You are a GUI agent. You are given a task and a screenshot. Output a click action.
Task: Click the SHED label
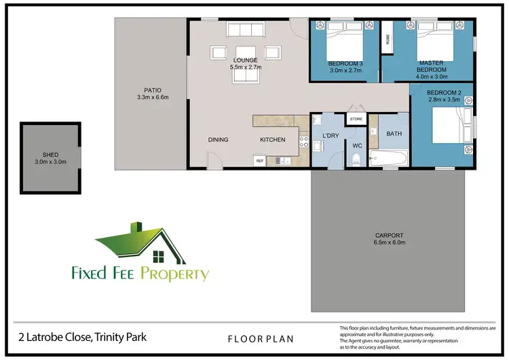pyautogui.click(x=50, y=154)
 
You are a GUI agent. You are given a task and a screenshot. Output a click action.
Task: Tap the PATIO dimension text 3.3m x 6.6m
pyautogui.click(x=151, y=98)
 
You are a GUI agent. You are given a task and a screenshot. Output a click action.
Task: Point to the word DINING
pyautogui.click(x=218, y=140)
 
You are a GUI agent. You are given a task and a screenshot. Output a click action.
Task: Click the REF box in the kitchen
pyautogui.click(x=259, y=161)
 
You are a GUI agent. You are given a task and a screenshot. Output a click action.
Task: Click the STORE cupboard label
pyautogui.click(x=356, y=120)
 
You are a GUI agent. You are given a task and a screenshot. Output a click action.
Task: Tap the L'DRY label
pyautogui.click(x=331, y=136)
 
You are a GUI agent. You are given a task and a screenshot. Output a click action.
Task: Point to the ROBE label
pyautogui.click(x=388, y=39)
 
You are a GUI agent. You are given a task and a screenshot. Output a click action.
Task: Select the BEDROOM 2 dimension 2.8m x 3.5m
pyautogui.click(x=444, y=99)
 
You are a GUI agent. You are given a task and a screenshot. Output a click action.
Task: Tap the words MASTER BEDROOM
pyautogui.click(x=431, y=66)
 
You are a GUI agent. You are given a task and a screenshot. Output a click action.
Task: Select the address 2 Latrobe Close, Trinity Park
pyautogui.click(x=81, y=337)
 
